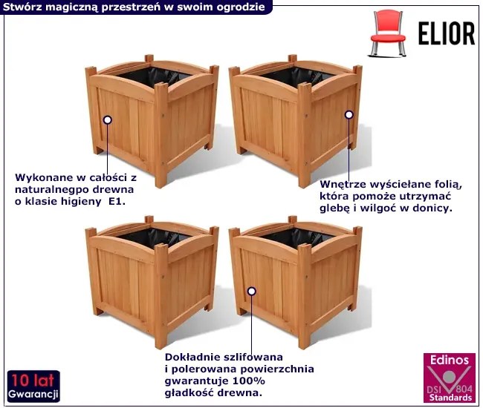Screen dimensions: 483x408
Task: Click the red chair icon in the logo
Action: pos(387,33)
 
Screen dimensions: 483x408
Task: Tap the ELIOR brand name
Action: pos(447,33)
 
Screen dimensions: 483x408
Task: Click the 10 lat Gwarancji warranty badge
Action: pos(33,386)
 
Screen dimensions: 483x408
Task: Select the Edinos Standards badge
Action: pos(450,378)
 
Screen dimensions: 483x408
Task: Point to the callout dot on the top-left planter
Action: pos(108,120)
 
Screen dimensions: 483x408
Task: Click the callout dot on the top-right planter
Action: pos(349,115)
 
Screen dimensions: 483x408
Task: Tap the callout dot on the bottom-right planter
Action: pos(252,292)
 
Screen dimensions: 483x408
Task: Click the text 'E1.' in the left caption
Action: pos(117,202)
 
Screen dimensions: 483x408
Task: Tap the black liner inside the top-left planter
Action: pos(154,76)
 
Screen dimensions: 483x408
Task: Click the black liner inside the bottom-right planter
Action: pos(297,237)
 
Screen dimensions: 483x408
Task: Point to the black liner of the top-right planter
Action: pos(297,76)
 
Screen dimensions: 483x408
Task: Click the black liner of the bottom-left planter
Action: pos(154,237)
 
